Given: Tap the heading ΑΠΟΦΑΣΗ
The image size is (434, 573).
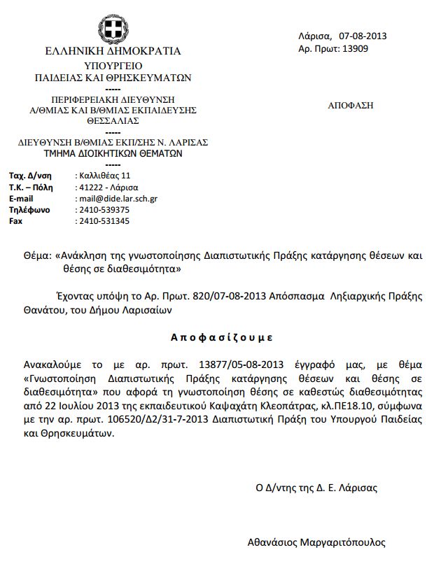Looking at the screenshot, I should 350,106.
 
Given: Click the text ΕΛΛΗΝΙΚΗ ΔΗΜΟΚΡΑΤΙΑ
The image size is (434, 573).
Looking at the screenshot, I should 113,51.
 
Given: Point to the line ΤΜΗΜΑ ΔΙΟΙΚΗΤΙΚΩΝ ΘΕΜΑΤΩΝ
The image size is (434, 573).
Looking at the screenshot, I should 113,152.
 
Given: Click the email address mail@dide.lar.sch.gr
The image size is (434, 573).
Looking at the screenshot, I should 117,199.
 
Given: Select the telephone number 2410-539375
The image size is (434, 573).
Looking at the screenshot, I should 104,210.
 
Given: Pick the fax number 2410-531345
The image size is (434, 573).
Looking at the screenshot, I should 104,221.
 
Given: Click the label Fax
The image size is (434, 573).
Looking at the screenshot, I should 15,221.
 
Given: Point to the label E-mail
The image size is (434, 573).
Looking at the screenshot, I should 21,199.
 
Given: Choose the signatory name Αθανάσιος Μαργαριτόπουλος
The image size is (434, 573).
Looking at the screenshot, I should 316,542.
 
